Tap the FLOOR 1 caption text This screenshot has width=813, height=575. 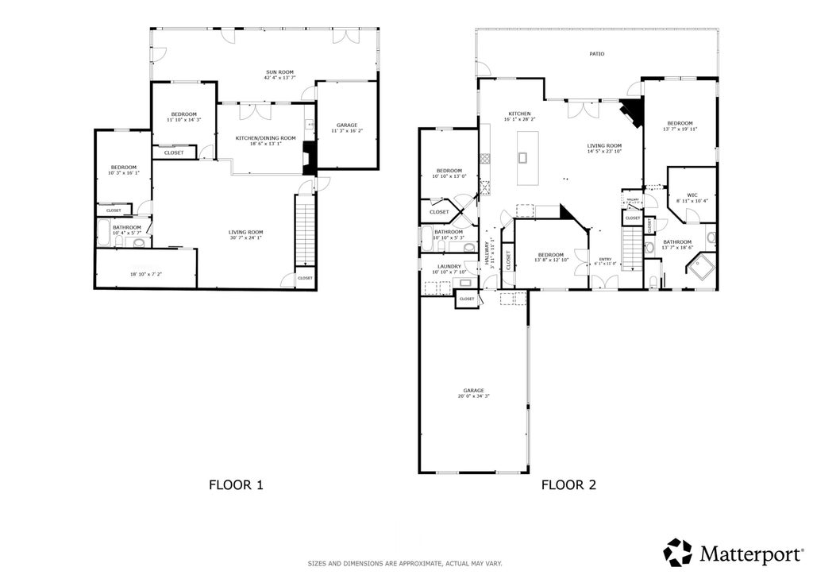236,484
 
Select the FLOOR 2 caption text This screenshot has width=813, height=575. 568,484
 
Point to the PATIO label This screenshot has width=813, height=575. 596,54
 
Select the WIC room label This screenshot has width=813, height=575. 692,195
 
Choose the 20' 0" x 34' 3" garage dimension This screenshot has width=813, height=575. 473,396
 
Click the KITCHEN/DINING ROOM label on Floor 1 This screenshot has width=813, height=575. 265,138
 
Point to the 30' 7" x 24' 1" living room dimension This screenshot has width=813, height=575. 246,237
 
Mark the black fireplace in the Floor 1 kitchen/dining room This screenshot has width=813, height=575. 310,163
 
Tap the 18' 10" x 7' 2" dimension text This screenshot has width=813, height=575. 146,274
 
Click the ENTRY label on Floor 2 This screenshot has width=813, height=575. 606,259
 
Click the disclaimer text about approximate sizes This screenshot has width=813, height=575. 405,564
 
